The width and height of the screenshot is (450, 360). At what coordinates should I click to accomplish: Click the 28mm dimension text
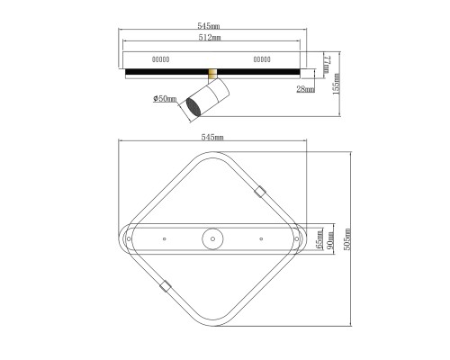coord(305,90)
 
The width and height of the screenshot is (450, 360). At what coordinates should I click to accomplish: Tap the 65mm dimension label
coord(318,239)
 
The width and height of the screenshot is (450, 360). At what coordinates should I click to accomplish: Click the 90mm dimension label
coord(329,239)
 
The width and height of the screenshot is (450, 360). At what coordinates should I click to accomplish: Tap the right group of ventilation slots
coord(262,58)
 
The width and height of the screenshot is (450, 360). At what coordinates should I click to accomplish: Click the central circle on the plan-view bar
coord(212,238)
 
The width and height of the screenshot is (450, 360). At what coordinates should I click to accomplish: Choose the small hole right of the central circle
coord(261,238)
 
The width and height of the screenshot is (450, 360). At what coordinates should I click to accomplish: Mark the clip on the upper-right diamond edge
coord(260,191)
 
